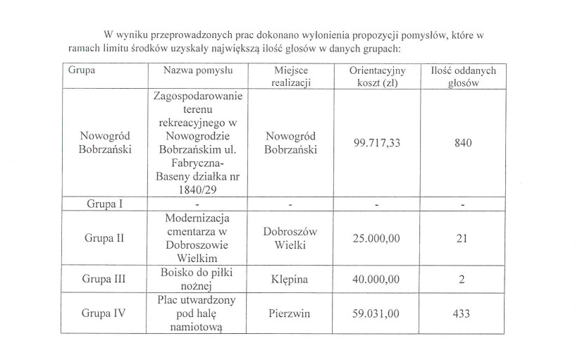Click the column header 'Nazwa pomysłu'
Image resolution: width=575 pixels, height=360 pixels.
[198, 70]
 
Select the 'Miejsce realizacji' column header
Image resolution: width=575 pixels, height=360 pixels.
[291, 76]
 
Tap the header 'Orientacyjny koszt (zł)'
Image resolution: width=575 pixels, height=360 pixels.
[376, 76]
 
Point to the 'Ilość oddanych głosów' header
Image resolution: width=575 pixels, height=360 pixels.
[463, 76]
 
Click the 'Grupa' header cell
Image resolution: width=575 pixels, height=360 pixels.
[82, 70]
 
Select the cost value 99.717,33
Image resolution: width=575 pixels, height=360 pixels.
[376, 143]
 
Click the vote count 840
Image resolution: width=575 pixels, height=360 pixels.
[463, 143]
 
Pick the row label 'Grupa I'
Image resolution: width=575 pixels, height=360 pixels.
[104, 204]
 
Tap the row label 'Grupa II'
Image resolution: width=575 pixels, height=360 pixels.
[104, 237]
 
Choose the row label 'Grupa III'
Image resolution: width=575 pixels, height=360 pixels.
[104, 279]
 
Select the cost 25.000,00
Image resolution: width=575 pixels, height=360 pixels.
[376, 238]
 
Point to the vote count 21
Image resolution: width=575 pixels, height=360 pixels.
[462, 238]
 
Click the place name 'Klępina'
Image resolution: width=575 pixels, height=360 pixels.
[290, 279]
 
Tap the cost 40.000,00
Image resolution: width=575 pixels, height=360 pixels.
[376, 279]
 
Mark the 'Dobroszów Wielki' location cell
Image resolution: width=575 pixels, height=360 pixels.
[290, 238]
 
